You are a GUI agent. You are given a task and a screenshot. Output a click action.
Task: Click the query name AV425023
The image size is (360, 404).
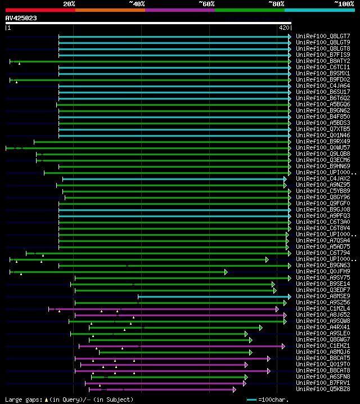pyautogui.click(x=21, y=18)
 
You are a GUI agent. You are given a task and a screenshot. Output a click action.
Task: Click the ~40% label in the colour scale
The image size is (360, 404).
pyautogui.click(x=137, y=3)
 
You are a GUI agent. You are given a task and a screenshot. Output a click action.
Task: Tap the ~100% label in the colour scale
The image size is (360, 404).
pyautogui.click(x=344, y=3)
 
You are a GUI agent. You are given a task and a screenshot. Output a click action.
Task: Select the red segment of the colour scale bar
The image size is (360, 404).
pyautogui.click(x=40, y=10)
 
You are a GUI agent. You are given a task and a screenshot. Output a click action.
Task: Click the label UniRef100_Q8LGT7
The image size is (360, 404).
pyautogui.click(x=323, y=36)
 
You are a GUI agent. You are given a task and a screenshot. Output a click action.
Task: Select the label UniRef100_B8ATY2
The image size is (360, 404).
pyautogui.click(x=323, y=61)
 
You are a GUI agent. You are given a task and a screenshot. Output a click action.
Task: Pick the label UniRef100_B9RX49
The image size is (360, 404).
pyautogui.click(x=323, y=141)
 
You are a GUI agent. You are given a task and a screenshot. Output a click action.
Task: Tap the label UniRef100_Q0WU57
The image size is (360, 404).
pyautogui.click(x=323, y=147)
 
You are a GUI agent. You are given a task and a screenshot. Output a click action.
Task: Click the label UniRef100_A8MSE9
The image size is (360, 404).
pyautogui.click(x=323, y=296)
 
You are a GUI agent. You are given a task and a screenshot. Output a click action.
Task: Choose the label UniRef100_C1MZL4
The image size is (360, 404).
pyautogui.click(x=323, y=308)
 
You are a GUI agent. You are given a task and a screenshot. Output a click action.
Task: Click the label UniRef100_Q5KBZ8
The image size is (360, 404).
pyautogui.click(x=323, y=389)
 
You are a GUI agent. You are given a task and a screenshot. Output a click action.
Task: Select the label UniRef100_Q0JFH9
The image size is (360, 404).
pyautogui.click(x=323, y=271)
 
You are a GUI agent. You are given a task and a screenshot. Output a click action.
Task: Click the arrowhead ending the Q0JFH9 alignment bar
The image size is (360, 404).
pyautogui.click(x=226, y=272)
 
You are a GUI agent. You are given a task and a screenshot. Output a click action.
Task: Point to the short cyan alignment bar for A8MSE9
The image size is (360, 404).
pyautogui.click(x=214, y=297)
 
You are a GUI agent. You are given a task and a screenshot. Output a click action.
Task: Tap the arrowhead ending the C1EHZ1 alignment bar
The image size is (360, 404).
pyautogui.click(x=283, y=346)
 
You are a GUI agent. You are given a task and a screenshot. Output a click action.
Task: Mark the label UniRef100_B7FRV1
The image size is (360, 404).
pyautogui.click(x=323, y=383)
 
